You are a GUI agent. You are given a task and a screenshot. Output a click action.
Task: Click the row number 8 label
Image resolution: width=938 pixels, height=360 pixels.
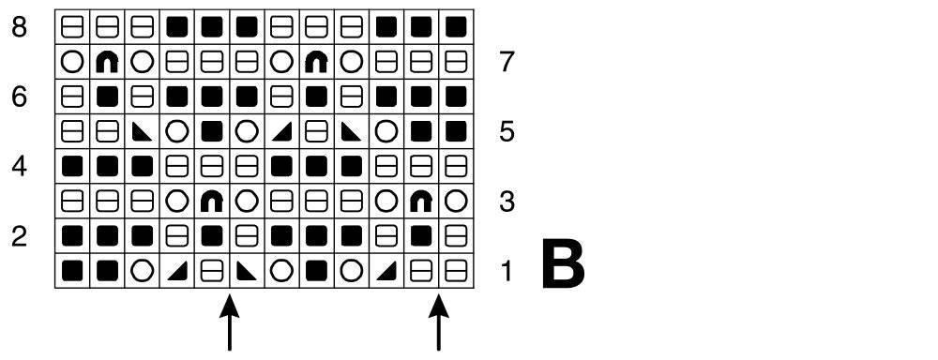pos(19,27)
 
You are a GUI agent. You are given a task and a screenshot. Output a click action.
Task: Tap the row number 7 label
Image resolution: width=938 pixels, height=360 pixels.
pos(507,62)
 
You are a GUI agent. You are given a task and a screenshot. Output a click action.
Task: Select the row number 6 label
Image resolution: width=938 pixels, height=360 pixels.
pos(19,97)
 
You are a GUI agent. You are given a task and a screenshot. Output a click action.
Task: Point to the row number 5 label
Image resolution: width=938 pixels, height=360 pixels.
pos(507,131)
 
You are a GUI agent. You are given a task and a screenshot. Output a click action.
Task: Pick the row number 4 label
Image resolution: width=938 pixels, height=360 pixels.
pos(19,166)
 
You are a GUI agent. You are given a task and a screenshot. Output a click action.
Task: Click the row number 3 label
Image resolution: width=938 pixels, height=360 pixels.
pos(507,202)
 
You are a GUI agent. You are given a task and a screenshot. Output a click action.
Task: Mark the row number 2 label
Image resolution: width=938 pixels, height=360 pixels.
pos(19,237)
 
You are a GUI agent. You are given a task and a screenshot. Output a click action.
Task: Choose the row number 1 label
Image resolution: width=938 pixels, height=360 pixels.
pos(507,272)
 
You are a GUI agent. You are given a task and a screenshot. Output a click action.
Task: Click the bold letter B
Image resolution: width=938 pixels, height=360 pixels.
pos(562,263)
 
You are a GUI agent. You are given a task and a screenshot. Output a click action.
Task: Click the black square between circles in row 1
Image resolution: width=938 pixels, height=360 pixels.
pos(316,272)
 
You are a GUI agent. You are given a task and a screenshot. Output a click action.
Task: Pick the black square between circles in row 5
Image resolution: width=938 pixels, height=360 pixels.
pos(212,131)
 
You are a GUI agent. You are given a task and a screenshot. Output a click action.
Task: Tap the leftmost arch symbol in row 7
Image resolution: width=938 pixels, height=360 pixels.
pos(107,62)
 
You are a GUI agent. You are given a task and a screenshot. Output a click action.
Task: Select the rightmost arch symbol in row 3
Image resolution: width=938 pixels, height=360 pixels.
pos(421,202)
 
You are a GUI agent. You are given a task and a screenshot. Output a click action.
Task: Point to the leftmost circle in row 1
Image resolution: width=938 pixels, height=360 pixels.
pos(142,272)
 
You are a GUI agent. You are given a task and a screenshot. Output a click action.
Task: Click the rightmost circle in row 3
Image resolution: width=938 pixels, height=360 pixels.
pos(457,202)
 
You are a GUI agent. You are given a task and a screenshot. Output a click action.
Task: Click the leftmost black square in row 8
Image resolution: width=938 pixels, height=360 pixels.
pos(177,26)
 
